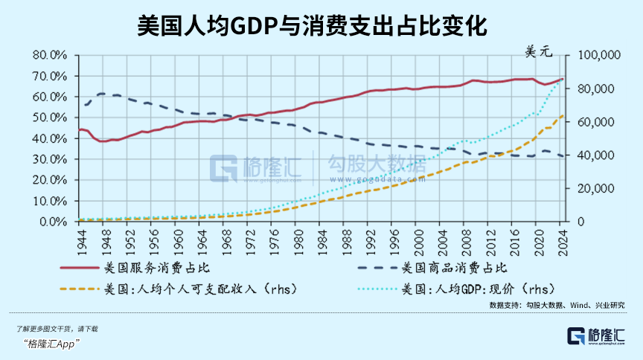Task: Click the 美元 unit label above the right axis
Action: pyautogui.click(x=541, y=52)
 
